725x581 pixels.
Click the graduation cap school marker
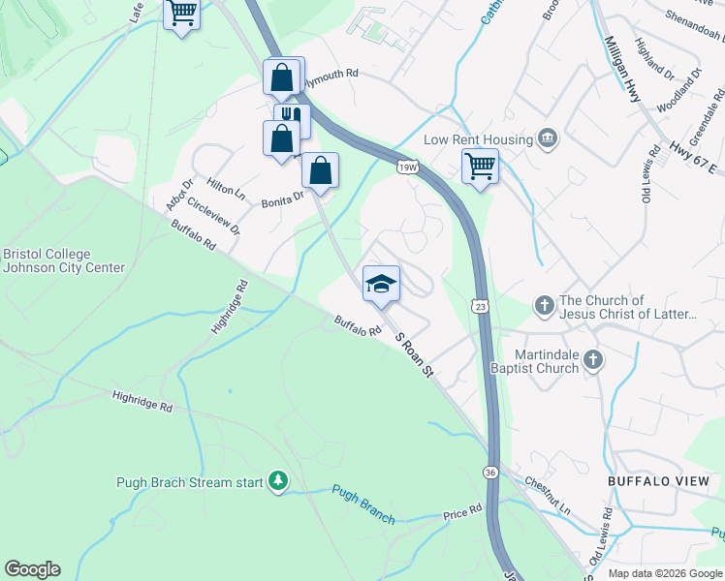(x=381, y=283)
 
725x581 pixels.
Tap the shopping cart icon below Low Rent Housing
(x=480, y=166)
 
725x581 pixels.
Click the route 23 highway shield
(x=481, y=306)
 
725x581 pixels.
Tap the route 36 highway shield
(x=491, y=472)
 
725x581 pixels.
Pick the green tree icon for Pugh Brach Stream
(x=278, y=481)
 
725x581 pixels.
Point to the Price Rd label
(x=462, y=511)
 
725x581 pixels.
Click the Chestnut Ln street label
(x=548, y=493)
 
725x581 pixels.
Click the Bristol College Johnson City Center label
(x=63, y=260)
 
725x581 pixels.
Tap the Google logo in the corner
(x=32, y=569)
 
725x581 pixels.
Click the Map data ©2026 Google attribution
(x=665, y=573)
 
